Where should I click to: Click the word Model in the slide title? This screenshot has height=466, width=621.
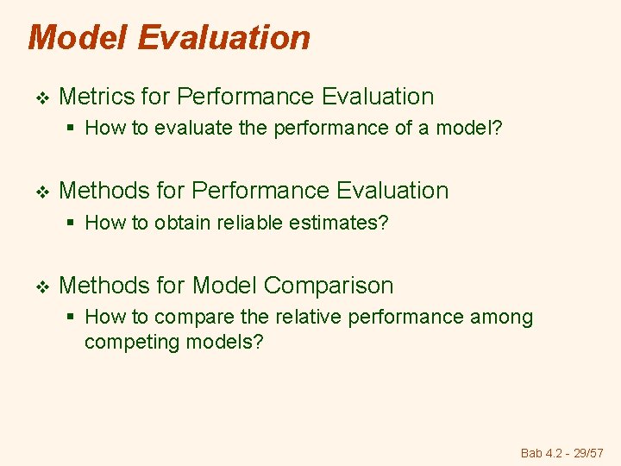point(78,38)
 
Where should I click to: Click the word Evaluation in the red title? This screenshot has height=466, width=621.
point(223,38)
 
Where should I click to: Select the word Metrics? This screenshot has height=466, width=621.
point(94,97)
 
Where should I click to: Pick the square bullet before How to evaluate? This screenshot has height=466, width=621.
point(72,129)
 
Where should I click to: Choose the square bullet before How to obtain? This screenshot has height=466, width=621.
point(72,224)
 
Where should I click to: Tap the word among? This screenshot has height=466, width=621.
point(501,318)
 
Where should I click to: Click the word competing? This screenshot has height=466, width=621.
point(126,342)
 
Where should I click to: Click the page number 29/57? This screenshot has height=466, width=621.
point(589,453)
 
